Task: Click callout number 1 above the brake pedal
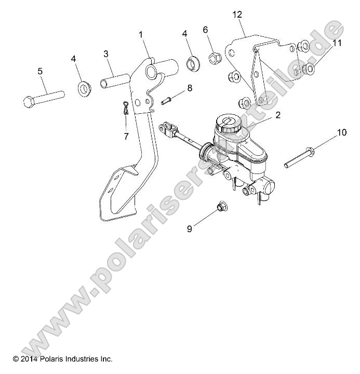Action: [x=140, y=35]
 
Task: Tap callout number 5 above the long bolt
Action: [x=41, y=71]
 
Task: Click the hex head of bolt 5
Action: [x=30, y=101]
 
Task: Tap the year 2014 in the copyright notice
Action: [x=29, y=359]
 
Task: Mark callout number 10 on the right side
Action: [x=341, y=132]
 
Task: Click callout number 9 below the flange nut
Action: [x=190, y=228]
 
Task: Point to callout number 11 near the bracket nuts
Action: [x=337, y=43]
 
